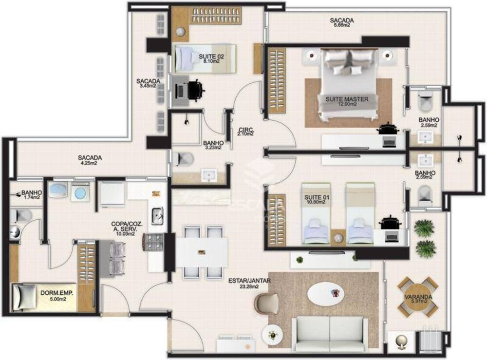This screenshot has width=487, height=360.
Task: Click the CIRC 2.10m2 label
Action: coord(246,132)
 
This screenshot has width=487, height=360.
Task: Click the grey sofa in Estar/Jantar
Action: coord(330,334)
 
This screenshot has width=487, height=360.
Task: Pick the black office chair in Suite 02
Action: coord(196,90)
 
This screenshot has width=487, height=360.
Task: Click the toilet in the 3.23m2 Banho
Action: coord(184,158)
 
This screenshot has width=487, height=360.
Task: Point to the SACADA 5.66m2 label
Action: coord(341,23)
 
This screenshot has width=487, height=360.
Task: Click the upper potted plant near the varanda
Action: coord(424,228)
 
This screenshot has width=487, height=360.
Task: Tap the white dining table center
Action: coord(201,252)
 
